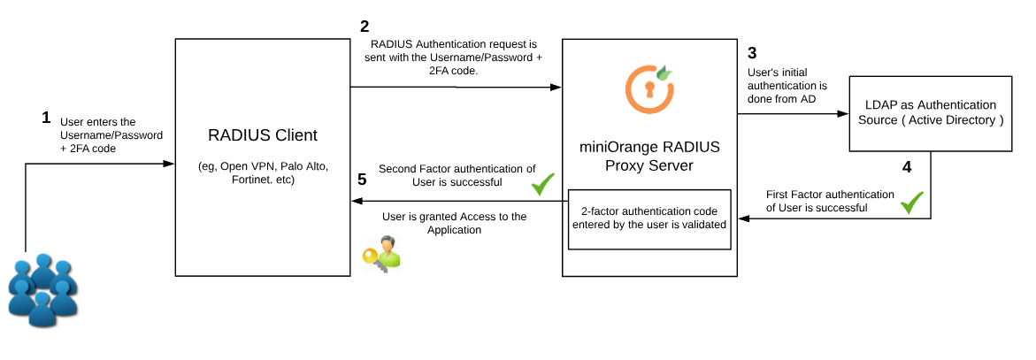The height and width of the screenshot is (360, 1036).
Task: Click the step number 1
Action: [46, 117]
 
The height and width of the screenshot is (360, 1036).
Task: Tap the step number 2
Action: [365, 26]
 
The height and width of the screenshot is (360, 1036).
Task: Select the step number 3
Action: [752, 52]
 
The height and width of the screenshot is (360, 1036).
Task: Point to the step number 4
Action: [906, 165]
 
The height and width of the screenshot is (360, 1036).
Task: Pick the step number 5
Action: [362, 179]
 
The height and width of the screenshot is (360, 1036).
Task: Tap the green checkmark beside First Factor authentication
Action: [911, 203]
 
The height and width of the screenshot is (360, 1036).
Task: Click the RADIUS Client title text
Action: [262, 135]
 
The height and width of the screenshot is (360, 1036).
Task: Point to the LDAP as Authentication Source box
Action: [930, 112]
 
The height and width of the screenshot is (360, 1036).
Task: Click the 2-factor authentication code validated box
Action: [650, 218]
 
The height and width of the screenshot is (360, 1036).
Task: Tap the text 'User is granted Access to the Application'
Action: [453, 222]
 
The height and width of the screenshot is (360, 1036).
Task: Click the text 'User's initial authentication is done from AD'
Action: [787, 85]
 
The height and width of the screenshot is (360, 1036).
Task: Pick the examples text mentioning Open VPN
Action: [262, 173]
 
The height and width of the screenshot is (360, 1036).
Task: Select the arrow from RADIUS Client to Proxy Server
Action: [456, 87]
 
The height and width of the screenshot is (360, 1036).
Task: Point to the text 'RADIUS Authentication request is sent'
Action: [454, 57]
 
